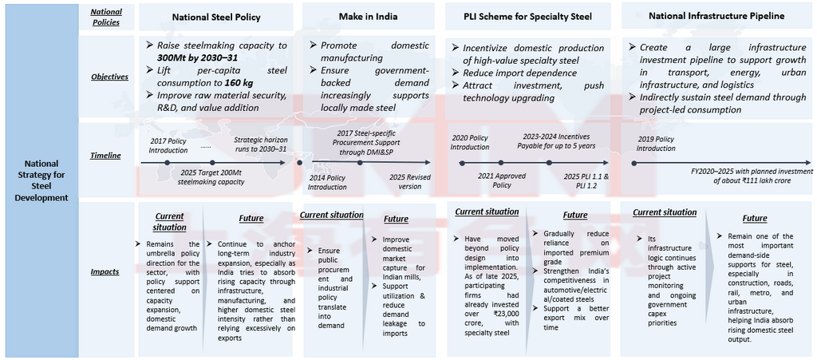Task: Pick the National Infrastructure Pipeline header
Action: coord(716,15)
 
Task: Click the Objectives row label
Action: coord(109,77)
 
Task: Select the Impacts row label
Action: coord(105,271)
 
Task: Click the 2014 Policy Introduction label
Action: coord(328,181)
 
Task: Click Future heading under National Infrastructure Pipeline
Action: coord(755,218)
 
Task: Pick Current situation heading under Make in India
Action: coord(331,215)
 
